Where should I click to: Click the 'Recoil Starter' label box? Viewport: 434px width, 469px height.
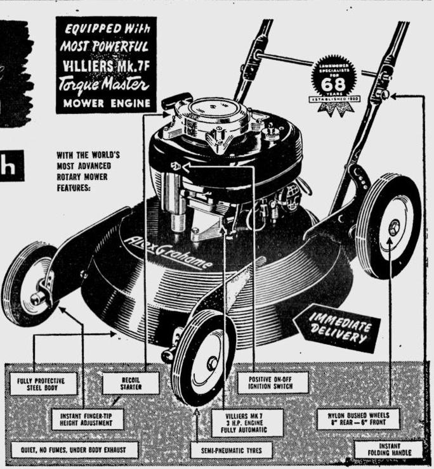[x=131, y=383]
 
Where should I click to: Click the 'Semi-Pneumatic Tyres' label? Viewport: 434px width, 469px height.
[x=232, y=451]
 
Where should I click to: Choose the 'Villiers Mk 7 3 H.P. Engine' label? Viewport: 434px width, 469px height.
[x=247, y=421]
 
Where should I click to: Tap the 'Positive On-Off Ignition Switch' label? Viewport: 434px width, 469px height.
[x=273, y=382]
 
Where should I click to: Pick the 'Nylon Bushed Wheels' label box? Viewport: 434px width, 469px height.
[x=358, y=419]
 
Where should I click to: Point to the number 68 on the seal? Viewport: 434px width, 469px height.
[x=333, y=84]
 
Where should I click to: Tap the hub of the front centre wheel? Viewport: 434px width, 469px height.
[x=212, y=363]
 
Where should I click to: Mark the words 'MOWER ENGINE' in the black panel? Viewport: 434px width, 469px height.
[x=105, y=102]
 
